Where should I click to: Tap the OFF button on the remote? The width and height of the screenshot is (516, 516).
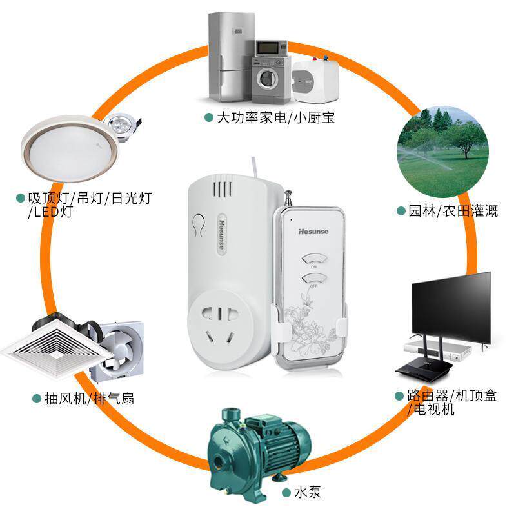314,279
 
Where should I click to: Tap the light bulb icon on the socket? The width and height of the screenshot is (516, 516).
198,224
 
